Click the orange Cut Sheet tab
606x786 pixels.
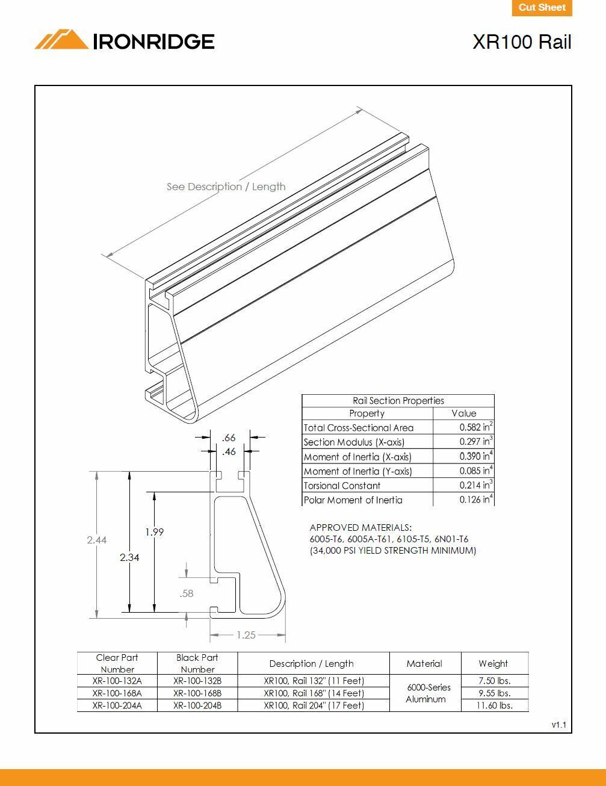click(x=542, y=8)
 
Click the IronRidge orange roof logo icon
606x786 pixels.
click(x=61, y=40)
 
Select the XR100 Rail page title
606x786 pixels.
click(x=521, y=42)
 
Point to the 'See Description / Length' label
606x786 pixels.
click(x=226, y=187)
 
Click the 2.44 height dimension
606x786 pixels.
click(x=96, y=540)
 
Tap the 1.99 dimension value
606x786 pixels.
click(x=154, y=532)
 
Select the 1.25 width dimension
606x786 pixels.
click(x=246, y=634)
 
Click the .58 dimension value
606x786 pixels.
click(x=187, y=593)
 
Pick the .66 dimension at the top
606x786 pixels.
click(x=229, y=438)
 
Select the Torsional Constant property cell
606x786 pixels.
click(x=342, y=486)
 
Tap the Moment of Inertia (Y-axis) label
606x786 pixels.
click(x=357, y=471)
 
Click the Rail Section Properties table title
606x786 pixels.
click(x=398, y=401)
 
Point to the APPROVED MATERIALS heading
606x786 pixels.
click(x=360, y=527)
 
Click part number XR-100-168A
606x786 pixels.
click(x=117, y=693)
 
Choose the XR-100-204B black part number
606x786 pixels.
click(x=197, y=705)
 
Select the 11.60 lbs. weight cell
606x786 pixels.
click(x=494, y=705)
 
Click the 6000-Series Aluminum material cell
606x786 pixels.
click(x=425, y=693)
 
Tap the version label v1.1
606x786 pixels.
click(x=558, y=725)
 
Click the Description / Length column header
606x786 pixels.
click(x=311, y=663)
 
